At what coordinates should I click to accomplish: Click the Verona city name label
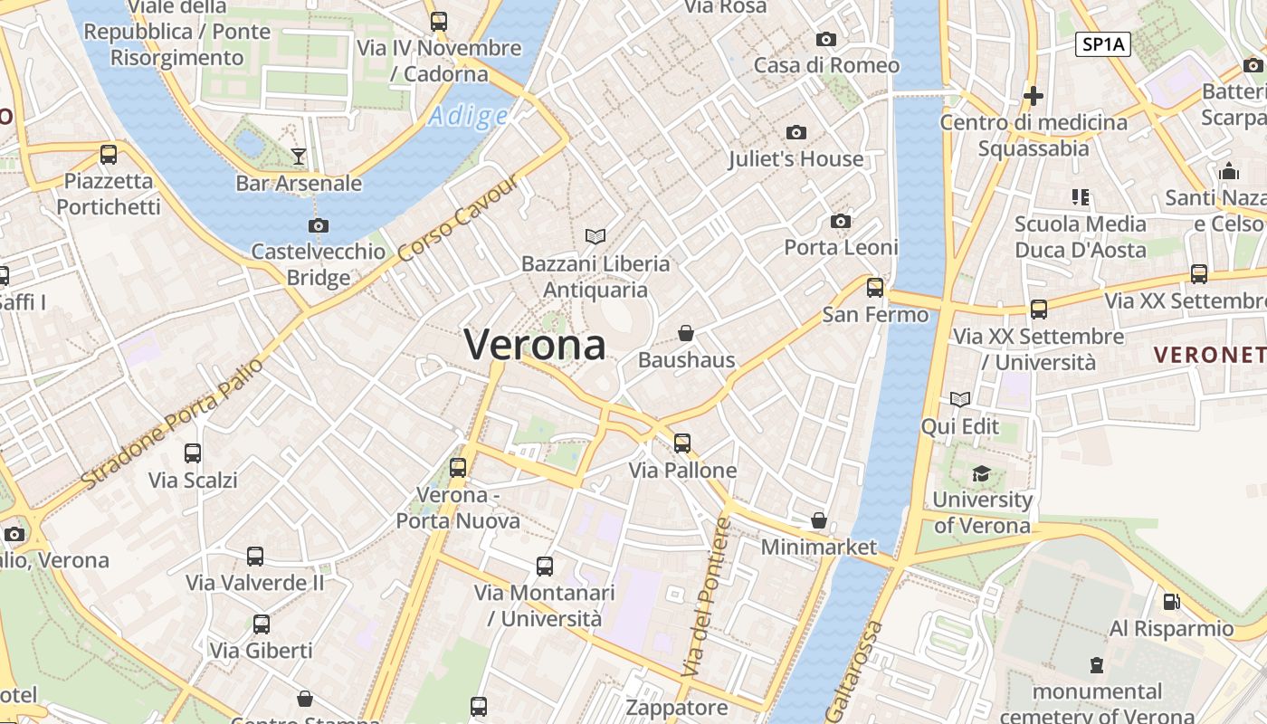[x=535, y=345]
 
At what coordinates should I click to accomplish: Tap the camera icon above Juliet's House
[x=796, y=133]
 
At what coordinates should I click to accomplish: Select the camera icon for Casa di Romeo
[x=825, y=39]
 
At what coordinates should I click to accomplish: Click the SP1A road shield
[x=1103, y=44]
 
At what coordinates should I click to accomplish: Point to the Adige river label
[x=468, y=116]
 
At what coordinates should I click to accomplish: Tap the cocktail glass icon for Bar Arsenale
[x=298, y=157]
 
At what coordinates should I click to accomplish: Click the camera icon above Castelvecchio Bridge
[x=318, y=225]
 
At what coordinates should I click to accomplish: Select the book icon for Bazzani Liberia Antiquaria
[x=595, y=237]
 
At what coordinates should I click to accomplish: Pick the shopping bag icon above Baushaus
[x=686, y=333]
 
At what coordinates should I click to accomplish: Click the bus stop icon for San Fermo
[x=874, y=288]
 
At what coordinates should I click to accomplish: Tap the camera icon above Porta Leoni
[x=840, y=221]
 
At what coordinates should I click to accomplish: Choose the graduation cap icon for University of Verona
[x=981, y=473]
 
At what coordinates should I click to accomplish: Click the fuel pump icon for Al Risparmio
[x=1171, y=601]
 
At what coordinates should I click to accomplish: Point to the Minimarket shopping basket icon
[x=818, y=520]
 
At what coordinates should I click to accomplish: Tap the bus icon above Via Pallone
[x=682, y=443]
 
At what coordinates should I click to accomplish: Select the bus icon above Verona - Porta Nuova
[x=458, y=468]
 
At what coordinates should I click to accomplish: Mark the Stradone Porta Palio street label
[x=172, y=423]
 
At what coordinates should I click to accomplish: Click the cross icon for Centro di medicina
[x=1033, y=95]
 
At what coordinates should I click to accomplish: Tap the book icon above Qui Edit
[x=959, y=399]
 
